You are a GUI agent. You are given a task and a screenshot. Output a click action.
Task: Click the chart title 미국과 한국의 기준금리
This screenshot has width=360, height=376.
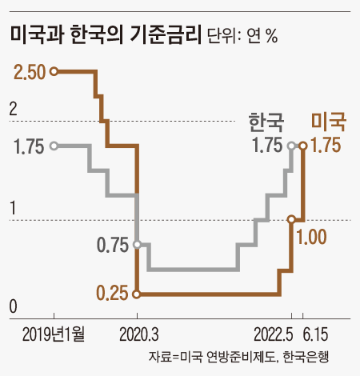pos(104,36)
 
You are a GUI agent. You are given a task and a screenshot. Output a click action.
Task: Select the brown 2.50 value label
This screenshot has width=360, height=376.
pos(29,72)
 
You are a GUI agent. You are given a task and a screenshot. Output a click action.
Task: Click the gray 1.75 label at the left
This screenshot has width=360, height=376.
pos(29,146)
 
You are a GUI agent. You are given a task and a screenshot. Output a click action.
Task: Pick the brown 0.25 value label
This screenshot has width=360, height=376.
pos(113,294)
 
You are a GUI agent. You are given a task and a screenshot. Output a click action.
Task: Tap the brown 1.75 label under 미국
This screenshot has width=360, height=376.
pos(326,146)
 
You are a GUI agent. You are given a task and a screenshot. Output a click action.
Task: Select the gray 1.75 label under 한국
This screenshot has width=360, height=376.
pos(266,146)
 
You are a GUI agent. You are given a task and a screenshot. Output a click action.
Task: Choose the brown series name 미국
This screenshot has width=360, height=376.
pos(328,122)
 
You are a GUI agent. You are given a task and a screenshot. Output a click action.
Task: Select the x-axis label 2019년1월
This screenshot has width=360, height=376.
pos(53,332)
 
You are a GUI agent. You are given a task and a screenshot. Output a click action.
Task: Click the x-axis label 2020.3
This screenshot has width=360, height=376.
pos(138,332)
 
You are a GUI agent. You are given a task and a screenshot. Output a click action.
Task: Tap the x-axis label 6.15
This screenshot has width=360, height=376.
pos(318,332)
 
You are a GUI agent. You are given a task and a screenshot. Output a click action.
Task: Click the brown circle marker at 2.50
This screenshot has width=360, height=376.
pos(54,72)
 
